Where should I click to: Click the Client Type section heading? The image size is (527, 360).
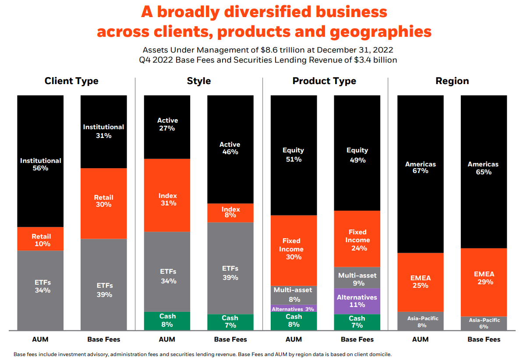pyautogui.click(x=71, y=81)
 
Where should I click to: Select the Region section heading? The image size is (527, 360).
pyautogui.click(x=452, y=81)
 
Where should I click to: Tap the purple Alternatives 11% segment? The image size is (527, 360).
pyautogui.click(x=357, y=301)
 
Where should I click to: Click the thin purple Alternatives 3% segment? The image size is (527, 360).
pyautogui.click(x=294, y=308)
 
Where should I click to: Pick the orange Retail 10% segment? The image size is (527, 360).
pyautogui.click(x=40, y=239)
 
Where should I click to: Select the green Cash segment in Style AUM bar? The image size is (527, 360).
pyautogui.click(x=167, y=321)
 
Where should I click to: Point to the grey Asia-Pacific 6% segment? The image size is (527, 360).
pyautogui.click(x=484, y=323)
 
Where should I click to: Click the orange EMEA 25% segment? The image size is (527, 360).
pyautogui.click(x=420, y=282)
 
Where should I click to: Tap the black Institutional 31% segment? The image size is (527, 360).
pyautogui.click(x=103, y=131)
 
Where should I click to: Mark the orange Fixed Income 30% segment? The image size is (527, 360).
pyautogui.click(x=294, y=250)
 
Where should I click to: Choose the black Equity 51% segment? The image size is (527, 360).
pyautogui.click(x=294, y=155)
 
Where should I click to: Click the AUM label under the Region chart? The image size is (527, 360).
pyautogui.click(x=420, y=339)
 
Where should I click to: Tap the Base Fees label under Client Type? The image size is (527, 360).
pyautogui.click(x=103, y=339)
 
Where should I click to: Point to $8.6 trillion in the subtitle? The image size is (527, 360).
pyautogui.click(x=270, y=50)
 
